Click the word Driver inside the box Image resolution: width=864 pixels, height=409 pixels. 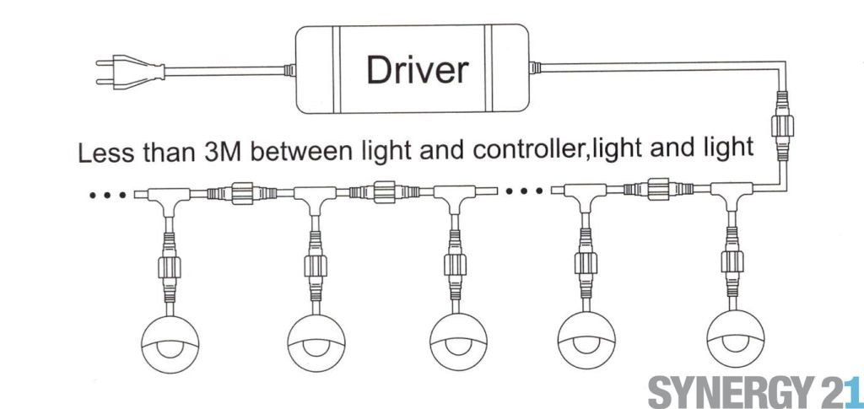click(417, 70)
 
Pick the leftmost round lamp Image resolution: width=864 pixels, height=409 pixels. click(170, 343)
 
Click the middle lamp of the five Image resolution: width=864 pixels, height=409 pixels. click(458, 342)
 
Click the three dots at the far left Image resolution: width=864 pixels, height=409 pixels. click(107, 194)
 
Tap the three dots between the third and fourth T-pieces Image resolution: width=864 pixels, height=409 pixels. click(523, 191)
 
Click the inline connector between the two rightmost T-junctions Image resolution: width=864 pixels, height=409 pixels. click(658, 189)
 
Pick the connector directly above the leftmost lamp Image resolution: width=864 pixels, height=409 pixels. click(170, 267)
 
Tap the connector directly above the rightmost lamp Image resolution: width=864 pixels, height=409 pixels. click(732, 261)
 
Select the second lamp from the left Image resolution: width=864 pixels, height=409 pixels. click(316, 342)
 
